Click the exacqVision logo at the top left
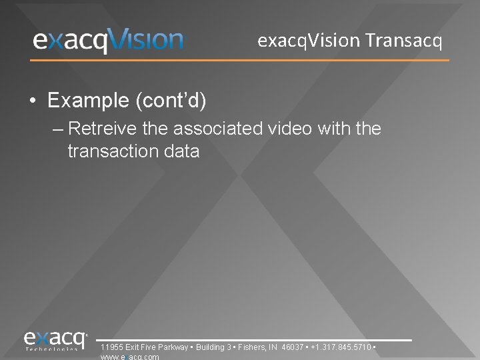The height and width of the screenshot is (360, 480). tap(108, 41)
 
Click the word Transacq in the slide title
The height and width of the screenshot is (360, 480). tap(403, 41)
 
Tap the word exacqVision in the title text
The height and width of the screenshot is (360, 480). tap(309, 41)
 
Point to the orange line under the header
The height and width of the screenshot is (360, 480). tap(240, 61)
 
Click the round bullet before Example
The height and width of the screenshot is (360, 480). tap(33, 101)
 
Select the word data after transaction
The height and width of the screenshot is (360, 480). tap(183, 151)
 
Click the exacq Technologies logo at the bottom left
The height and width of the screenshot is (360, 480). tap(56, 341)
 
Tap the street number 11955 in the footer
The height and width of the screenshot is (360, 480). tap(110, 347)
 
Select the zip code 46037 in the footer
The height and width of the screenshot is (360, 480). tap(292, 347)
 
